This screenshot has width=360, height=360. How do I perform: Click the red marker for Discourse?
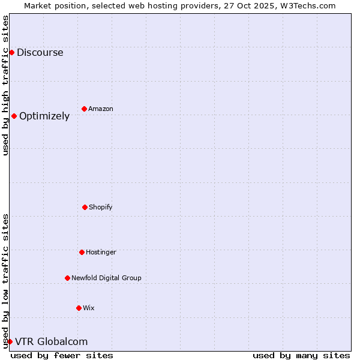click(x=11, y=52)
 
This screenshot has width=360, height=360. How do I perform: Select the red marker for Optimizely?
click(x=14, y=116)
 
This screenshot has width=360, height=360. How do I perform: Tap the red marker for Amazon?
click(x=84, y=109)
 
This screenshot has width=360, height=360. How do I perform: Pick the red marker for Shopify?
click(x=85, y=207)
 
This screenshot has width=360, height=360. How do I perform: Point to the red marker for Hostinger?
click(x=82, y=252)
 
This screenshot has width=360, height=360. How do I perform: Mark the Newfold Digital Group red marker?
click(x=67, y=278)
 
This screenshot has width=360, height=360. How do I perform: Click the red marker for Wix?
click(x=79, y=308)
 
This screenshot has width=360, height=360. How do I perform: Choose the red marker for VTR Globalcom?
click(x=10, y=341)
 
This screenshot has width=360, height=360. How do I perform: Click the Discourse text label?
click(x=40, y=52)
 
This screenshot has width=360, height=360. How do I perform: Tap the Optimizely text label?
click(x=44, y=116)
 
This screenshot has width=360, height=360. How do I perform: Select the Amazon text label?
click(x=101, y=109)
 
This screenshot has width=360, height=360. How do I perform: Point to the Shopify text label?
click(x=101, y=207)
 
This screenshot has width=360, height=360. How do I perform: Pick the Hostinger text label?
click(x=101, y=252)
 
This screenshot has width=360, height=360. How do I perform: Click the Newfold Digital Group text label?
click(x=106, y=278)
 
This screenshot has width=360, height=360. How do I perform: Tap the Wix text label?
click(x=89, y=308)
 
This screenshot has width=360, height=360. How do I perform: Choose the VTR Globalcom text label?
click(x=51, y=341)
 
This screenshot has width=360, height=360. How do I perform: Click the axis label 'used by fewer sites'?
click(x=62, y=355)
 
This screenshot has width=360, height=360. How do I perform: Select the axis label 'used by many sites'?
click(x=301, y=355)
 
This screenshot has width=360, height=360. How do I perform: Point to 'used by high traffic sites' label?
click(x=5, y=85)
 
